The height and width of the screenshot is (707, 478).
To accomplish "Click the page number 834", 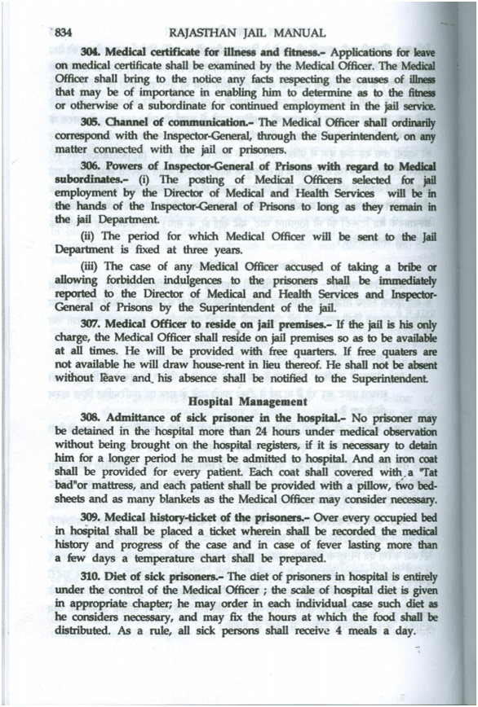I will pos(64,32).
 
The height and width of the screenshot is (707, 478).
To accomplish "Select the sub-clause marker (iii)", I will pos(90,268).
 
